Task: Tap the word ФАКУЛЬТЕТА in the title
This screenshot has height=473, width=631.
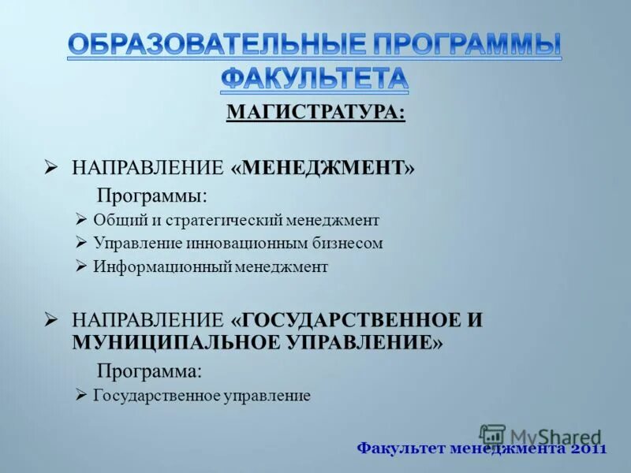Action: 315,77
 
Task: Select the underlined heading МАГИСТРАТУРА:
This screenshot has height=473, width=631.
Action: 315,113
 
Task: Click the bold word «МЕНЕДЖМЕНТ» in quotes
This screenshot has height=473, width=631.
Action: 323,167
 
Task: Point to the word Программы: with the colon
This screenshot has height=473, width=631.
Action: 152,194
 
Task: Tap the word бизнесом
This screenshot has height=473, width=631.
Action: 348,244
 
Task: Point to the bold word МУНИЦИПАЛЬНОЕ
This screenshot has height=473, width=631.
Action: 159,343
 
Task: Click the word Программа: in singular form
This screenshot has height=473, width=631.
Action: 149,371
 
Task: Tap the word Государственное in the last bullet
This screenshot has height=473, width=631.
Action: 155,396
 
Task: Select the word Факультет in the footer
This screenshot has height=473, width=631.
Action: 400,449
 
